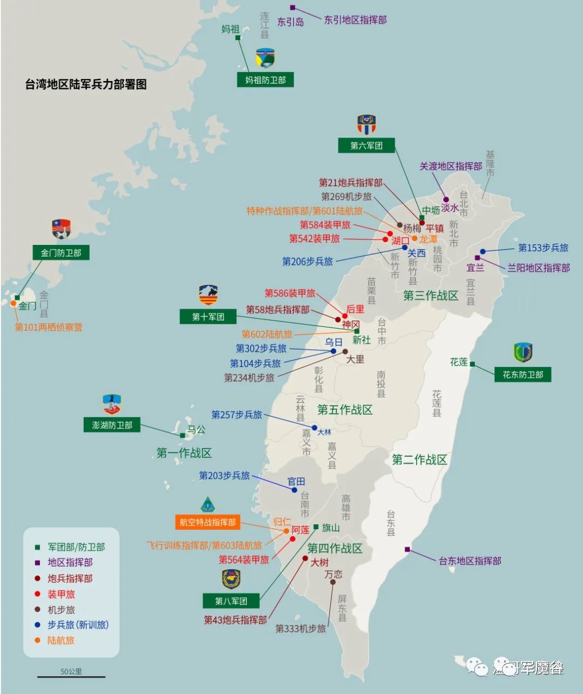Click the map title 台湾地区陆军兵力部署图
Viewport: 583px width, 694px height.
click(86, 84)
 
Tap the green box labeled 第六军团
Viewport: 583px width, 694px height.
click(366, 145)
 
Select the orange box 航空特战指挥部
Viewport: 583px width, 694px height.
click(207, 522)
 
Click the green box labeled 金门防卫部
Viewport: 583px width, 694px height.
click(60, 252)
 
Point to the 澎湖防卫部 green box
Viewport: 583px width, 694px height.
click(112, 425)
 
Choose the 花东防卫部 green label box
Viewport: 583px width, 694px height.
click(523, 374)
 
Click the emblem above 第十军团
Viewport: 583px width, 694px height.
click(208, 295)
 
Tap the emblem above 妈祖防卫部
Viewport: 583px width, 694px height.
click(265, 58)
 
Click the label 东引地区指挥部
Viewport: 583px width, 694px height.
click(355, 20)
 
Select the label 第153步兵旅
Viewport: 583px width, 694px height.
click(543, 248)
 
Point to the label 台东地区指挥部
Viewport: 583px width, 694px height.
click(470, 560)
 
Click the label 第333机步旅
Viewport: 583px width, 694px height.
click(300, 629)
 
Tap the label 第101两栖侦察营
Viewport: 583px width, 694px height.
click(49, 327)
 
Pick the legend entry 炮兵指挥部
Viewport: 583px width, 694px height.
click(70, 578)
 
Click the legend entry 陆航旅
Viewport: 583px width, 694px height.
click(60, 640)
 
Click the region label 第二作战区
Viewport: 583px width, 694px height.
click(419, 460)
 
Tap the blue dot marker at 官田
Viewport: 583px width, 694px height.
click(294, 490)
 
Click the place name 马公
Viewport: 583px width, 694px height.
click(196, 430)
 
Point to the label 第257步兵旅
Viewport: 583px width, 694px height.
click(236, 415)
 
